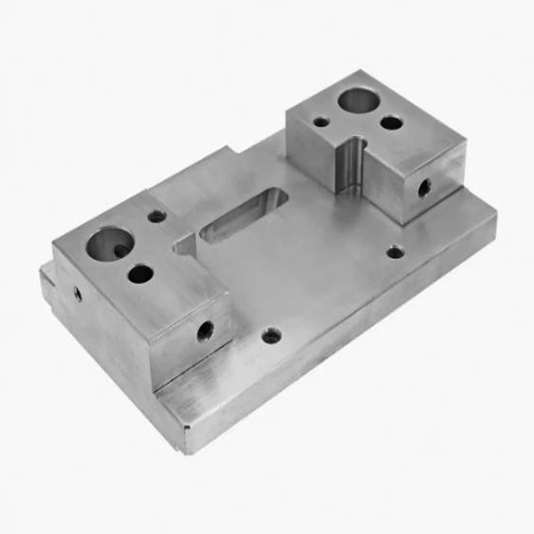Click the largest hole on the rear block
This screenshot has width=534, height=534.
pyautogui.click(x=359, y=100)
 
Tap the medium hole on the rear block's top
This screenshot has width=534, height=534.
pyautogui.click(x=391, y=122)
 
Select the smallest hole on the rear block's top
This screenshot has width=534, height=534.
pyautogui.click(x=321, y=121)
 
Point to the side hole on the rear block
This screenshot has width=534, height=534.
pyautogui.click(x=424, y=188)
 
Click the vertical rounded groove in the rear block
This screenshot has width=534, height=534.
pyautogui.click(x=351, y=164)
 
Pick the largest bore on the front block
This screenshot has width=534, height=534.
pyautogui.click(x=109, y=242)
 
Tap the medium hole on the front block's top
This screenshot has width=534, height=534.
pyautogui.click(x=140, y=272)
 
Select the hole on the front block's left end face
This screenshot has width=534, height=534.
pyautogui.click(x=77, y=293)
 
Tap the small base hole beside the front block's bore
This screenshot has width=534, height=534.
pyautogui.click(x=158, y=216)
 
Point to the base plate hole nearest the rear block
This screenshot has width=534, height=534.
pyautogui.click(x=395, y=252)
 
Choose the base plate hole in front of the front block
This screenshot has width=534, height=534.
pyautogui.click(x=271, y=336)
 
